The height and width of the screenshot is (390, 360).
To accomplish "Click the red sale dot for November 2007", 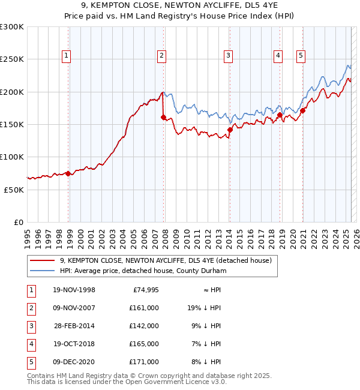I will [x=163, y=118].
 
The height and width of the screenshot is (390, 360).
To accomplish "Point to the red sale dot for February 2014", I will [x=230, y=130].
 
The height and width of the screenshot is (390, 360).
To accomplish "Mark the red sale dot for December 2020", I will [x=303, y=110].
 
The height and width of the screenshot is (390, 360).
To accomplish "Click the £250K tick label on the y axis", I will [x=12, y=59].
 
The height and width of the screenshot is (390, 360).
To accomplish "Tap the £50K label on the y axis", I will [x=14, y=189].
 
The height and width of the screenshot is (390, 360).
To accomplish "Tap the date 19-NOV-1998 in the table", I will [x=74, y=290].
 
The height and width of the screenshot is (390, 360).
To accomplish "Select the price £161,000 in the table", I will [x=144, y=308].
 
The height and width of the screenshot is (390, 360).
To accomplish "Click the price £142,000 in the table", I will [x=144, y=326].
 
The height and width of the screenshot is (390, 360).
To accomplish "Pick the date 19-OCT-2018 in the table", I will [x=74, y=344].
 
